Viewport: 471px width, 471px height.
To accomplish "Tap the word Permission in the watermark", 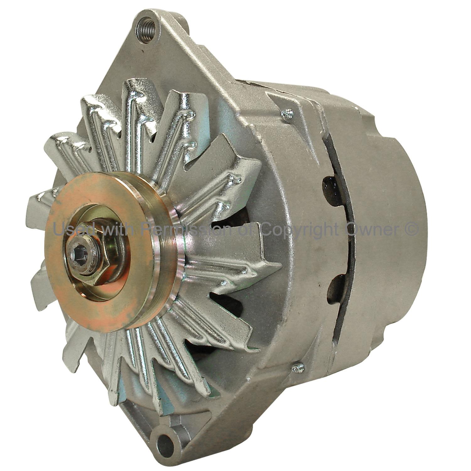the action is tap(187, 229).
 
